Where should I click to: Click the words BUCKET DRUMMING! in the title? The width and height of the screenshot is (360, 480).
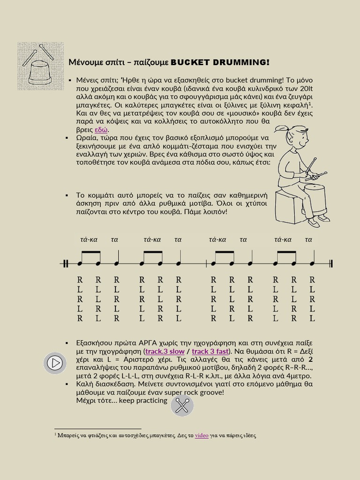220,62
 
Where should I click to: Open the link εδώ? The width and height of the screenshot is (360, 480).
101,130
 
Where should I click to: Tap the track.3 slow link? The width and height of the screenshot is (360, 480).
165,351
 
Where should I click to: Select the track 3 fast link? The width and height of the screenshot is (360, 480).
210,351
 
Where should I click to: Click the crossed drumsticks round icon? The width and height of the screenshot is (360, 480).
182,405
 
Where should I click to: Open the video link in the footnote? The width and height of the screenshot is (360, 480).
202,435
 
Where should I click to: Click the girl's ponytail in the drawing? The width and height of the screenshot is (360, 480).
282,128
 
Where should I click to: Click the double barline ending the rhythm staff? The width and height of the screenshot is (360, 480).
331,263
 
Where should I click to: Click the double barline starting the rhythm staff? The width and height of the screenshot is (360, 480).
66,263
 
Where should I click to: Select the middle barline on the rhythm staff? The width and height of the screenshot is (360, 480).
207,263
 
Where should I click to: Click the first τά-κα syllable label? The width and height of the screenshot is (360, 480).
89,240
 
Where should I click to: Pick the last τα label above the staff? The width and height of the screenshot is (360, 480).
308,240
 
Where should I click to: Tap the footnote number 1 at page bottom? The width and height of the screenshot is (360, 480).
55,435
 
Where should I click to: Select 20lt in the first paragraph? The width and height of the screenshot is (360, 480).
306,88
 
